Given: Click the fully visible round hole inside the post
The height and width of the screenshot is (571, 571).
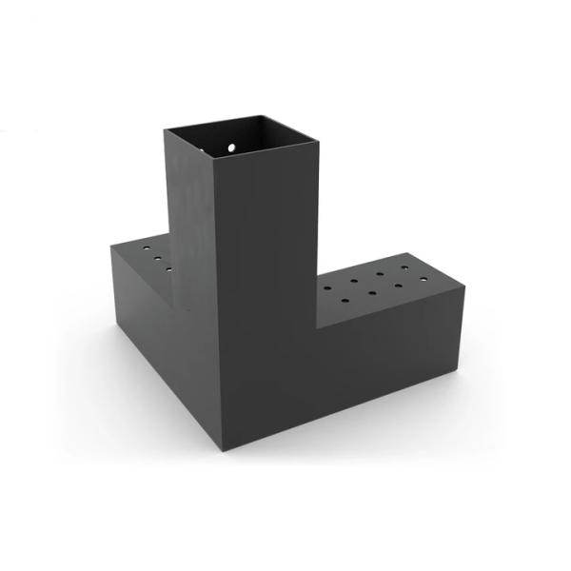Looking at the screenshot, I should click(232, 148).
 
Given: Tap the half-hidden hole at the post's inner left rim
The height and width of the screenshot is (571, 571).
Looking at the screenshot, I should click(203, 150).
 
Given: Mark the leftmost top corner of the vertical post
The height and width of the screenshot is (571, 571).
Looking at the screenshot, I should click(164, 129).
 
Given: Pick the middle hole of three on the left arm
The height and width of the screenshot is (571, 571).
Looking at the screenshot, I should click(158, 258).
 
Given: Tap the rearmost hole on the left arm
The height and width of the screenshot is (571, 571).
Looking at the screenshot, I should click(146, 247).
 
